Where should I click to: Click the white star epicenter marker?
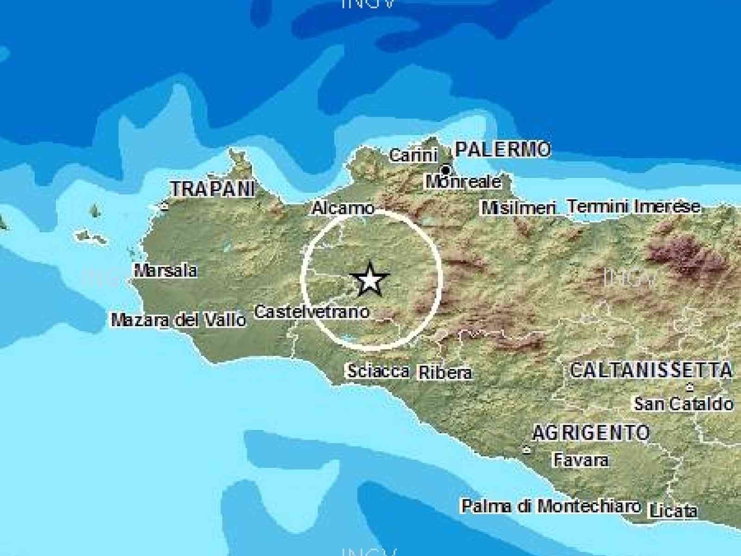pyautogui.click(x=370, y=279)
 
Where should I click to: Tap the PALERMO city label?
pyautogui.click(x=503, y=150)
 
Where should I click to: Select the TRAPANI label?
pyautogui.click(x=213, y=189)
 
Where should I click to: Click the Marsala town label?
pyautogui.click(x=166, y=271)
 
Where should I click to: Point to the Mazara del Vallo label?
pyautogui.click(x=179, y=320)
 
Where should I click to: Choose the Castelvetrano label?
pyautogui.click(x=312, y=311)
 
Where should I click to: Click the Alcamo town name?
pyautogui.click(x=343, y=208)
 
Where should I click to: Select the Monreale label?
pyautogui.click(x=463, y=182)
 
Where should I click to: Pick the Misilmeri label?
pyautogui.click(x=518, y=208)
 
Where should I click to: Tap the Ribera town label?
pyautogui.click(x=445, y=373)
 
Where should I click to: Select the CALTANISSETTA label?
pyautogui.click(x=651, y=370)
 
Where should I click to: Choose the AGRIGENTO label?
pyautogui.click(x=591, y=433)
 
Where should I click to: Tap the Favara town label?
pyautogui.click(x=581, y=460)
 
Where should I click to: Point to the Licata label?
pyautogui.click(x=674, y=511)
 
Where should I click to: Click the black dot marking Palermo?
pyautogui.click(x=446, y=170)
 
